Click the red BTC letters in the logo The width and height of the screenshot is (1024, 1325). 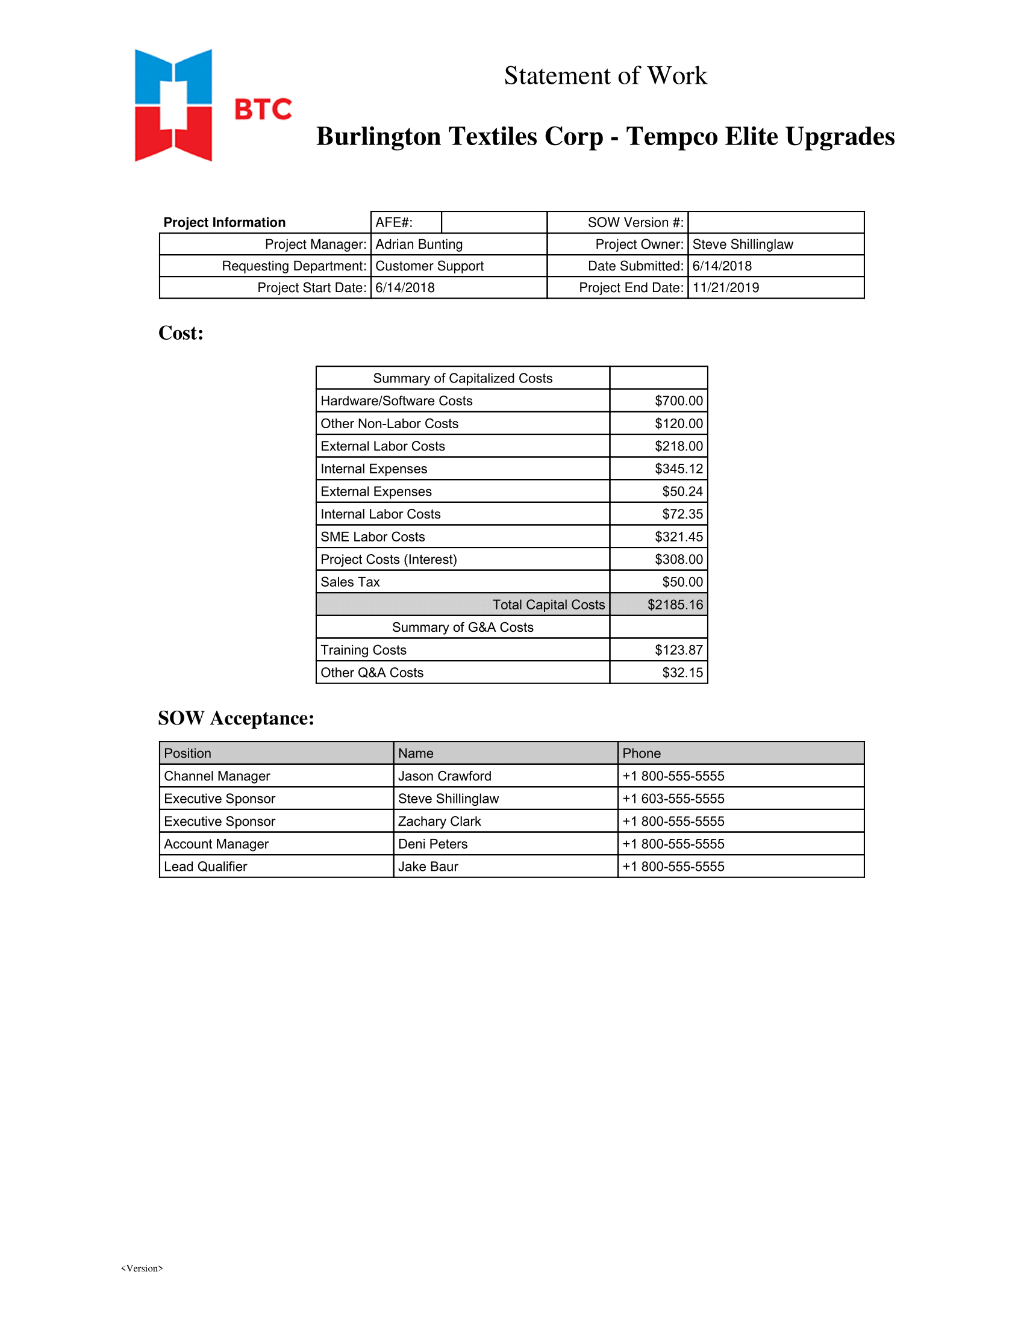[263, 109]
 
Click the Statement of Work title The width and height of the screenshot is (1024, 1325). [605, 76]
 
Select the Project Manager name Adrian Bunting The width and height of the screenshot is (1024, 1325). [419, 244]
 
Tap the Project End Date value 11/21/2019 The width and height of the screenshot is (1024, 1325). [726, 287]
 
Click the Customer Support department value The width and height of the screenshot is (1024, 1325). [429, 266]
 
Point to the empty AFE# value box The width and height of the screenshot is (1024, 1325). [493, 222]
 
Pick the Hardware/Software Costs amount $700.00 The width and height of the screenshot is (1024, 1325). [678, 401]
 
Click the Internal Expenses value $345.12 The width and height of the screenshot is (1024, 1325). [678, 469]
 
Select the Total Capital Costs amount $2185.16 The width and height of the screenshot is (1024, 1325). [675, 604]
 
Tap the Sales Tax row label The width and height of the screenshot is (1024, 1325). [350, 582]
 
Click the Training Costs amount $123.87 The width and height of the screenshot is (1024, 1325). [678, 650]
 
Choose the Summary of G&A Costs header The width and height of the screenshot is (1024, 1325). [462, 628]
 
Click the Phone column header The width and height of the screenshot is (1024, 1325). [642, 753]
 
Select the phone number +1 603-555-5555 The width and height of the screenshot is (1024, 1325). [673, 799]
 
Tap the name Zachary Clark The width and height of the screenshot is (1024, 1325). [439, 821]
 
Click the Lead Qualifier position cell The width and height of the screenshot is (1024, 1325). [205, 866]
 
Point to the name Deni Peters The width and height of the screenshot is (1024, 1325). [432, 844]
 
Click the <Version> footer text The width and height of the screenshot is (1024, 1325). [142, 1268]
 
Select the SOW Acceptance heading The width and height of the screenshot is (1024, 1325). [236, 719]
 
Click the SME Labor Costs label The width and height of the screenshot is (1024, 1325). [372, 536]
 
